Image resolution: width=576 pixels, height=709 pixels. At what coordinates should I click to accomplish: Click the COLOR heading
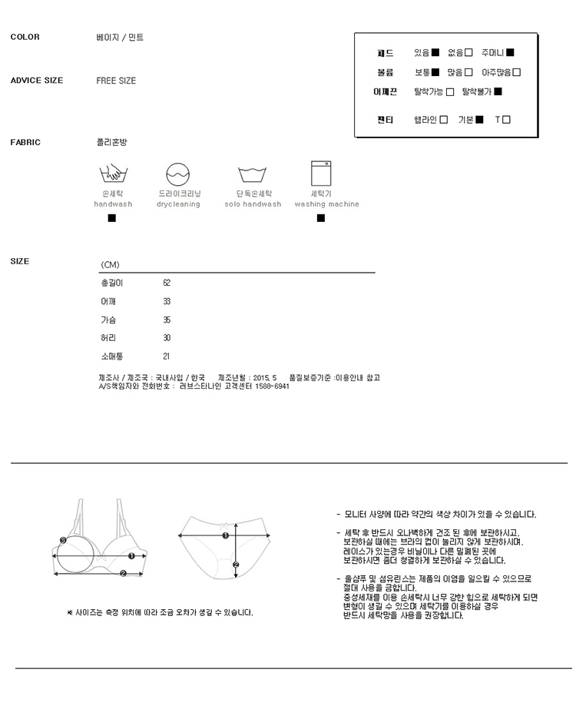[25, 37]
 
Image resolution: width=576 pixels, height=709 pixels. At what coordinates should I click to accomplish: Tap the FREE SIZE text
[116, 81]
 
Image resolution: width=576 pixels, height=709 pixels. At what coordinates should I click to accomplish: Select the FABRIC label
[25, 142]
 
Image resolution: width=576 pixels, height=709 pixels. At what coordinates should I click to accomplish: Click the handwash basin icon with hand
[113, 174]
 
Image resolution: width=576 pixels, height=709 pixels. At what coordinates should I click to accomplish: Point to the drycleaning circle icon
[177, 174]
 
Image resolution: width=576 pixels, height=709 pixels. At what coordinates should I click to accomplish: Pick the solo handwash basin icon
[252, 174]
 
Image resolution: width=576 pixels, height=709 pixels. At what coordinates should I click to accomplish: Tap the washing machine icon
[321, 173]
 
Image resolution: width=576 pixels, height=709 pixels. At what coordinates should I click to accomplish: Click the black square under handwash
[111, 218]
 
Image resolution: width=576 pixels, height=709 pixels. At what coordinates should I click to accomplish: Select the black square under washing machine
[321, 218]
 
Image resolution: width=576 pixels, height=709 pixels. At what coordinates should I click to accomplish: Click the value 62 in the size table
[167, 283]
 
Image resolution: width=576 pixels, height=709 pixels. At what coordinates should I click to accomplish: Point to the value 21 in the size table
[166, 356]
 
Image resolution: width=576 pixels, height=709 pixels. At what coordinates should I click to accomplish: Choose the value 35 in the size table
[167, 320]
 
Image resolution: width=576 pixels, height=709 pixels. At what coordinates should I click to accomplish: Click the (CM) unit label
[110, 264]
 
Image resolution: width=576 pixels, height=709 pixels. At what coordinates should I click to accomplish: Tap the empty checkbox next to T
[506, 119]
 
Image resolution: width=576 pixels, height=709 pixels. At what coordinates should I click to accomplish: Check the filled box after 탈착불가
[498, 91]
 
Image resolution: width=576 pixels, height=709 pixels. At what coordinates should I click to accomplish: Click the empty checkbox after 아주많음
[517, 72]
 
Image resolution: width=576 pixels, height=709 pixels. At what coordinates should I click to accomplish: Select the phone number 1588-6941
[272, 386]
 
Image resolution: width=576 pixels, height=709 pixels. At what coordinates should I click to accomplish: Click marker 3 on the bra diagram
[63, 540]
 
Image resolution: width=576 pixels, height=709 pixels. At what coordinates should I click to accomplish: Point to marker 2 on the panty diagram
[236, 565]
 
